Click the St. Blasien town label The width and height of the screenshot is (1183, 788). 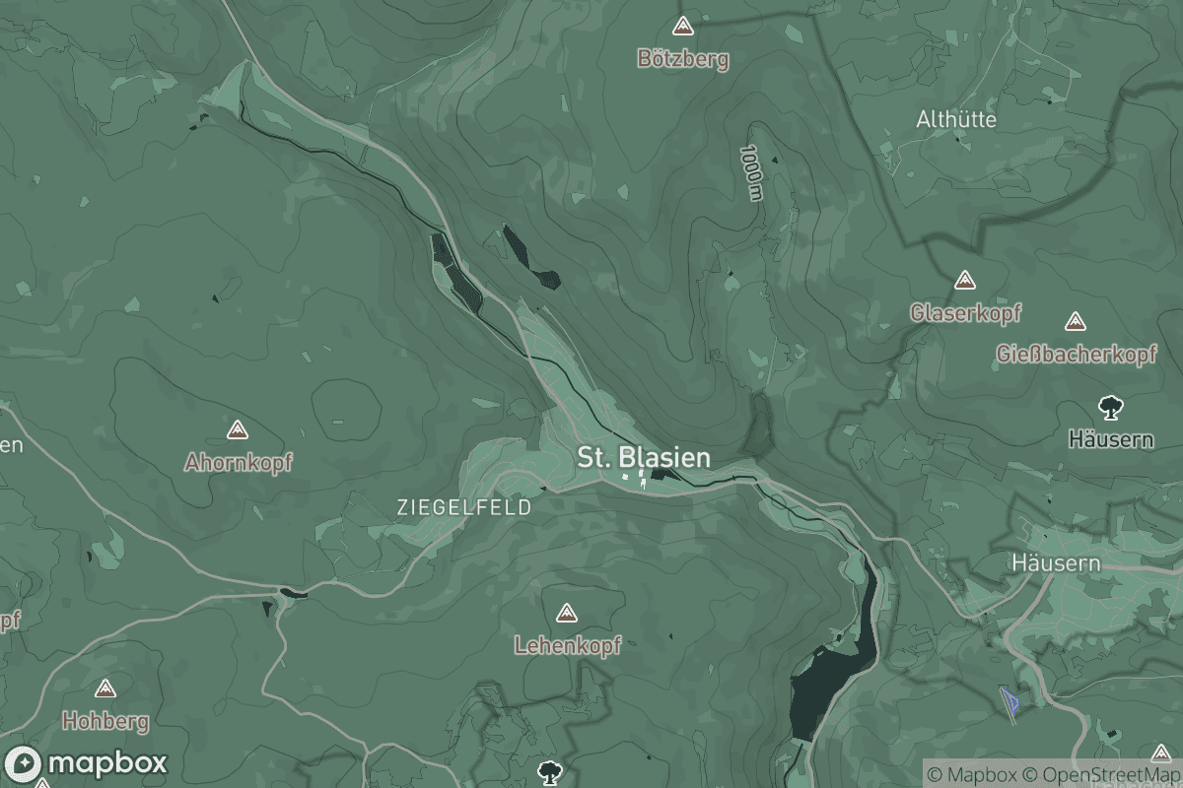(x=643, y=458)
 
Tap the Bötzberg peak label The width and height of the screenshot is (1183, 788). (x=683, y=59)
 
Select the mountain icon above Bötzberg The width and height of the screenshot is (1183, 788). (x=681, y=26)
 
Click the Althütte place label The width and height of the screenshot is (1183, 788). (x=956, y=119)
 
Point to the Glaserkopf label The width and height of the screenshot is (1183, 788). (x=965, y=313)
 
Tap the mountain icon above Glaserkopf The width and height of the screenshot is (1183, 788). (x=964, y=281)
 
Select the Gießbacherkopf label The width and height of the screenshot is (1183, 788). (x=1076, y=354)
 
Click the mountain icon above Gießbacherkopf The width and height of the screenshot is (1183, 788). (x=1076, y=321)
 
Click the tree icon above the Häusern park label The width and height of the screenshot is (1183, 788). (x=1111, y=406)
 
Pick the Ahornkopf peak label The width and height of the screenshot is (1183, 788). (x=238, y=462)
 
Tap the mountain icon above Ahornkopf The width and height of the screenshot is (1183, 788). (x=237, y=429)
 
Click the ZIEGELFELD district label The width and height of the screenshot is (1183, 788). (x=463, y=508)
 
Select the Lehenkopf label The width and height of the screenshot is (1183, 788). (x=567, y=646)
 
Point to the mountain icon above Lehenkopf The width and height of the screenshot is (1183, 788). (x=566, y=614)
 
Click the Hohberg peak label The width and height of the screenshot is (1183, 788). (x=105, y=721)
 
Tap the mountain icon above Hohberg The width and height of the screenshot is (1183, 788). (x=104, y=689)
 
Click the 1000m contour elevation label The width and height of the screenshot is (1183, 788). (x=753, y=174)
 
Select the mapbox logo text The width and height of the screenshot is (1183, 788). (x=106, y=763)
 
